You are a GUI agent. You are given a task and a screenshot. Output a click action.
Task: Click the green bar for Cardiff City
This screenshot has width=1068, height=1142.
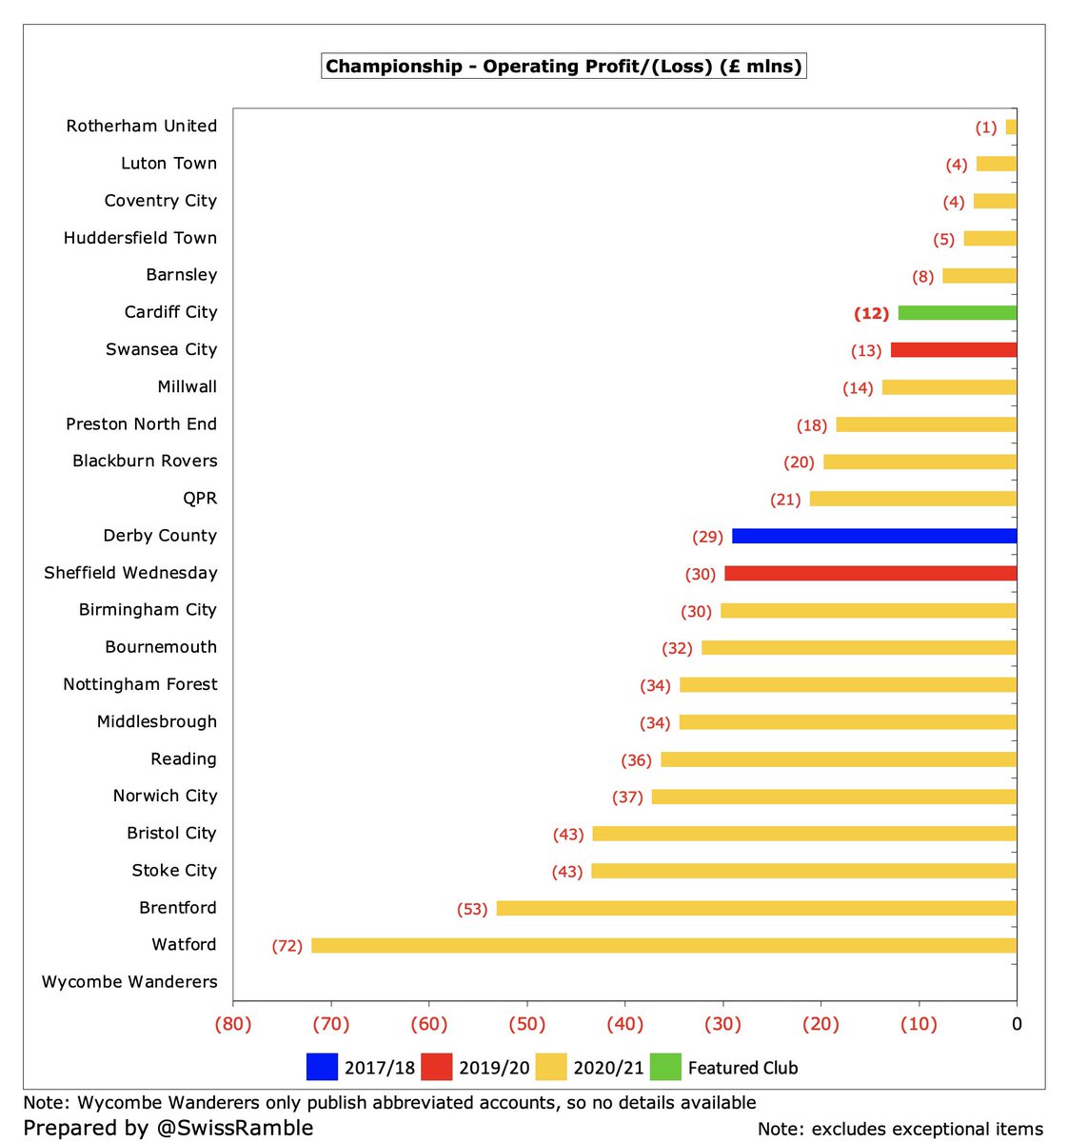957,313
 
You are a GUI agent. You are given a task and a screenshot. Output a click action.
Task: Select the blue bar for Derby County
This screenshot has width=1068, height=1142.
874,536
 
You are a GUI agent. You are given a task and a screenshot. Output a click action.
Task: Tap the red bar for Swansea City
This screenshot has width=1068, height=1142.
954,349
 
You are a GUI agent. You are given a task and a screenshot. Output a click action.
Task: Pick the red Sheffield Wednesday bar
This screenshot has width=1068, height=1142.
871,573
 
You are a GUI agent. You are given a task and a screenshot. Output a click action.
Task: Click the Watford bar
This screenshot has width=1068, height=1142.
664,945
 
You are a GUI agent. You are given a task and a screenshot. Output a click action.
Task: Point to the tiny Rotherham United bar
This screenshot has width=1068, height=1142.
1011,128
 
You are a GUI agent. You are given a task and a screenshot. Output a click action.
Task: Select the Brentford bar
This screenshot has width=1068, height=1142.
757,909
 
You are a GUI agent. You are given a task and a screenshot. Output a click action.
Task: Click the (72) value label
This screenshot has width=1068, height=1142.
287,946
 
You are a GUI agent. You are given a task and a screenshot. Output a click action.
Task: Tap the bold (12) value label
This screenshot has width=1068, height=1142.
871,313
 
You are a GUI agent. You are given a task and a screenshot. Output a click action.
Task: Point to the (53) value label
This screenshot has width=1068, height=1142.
472,909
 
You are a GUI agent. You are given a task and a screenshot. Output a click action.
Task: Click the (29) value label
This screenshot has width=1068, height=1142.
707,537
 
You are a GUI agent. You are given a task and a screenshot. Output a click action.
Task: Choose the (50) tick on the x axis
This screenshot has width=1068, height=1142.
527,1024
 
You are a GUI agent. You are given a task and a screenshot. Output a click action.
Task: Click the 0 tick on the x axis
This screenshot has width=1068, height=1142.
1017,1024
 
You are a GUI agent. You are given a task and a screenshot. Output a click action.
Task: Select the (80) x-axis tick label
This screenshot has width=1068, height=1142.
233,1024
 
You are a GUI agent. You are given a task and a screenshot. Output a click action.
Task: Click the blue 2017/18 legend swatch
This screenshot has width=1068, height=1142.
322,1067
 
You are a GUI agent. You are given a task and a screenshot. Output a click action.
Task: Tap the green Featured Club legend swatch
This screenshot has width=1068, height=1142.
665,1067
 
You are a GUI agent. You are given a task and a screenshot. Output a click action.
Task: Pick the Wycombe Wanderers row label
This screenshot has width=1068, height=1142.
129,981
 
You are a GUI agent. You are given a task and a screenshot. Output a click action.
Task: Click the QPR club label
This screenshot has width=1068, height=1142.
200,498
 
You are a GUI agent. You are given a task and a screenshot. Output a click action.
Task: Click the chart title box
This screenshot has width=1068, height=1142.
564,66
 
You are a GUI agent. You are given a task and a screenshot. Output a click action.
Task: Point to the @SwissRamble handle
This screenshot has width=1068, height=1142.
235,1127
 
